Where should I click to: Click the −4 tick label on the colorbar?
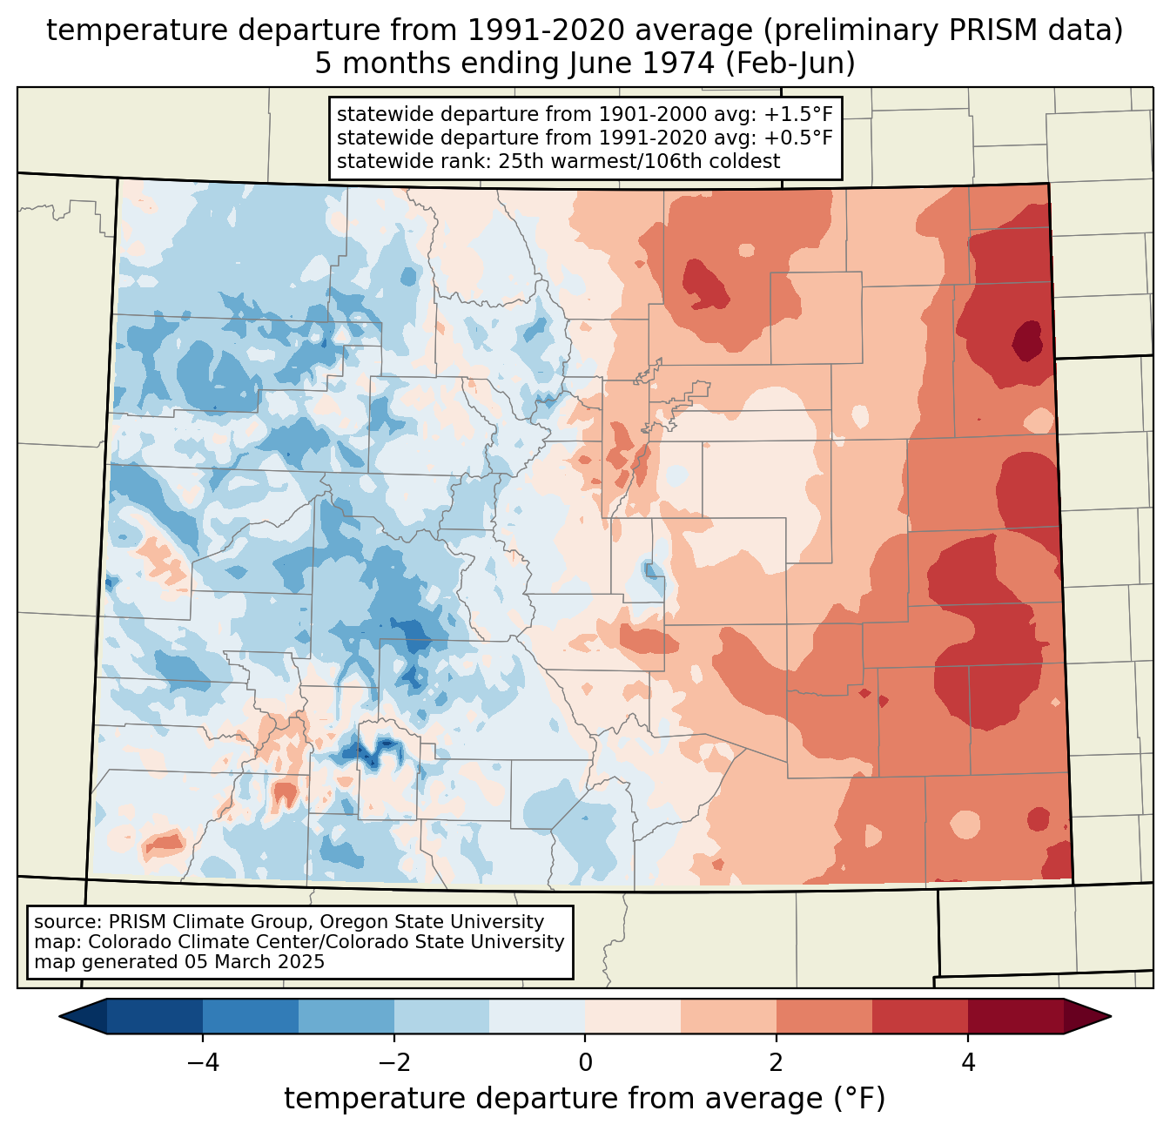203,1062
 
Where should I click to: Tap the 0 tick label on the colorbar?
585,1062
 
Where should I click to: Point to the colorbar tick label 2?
777,1062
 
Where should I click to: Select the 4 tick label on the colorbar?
967,1062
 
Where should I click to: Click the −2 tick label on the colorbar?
394,1062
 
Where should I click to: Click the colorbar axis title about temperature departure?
584,1099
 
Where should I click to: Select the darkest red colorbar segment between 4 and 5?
1015,1016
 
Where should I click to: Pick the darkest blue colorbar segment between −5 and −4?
155,1016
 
